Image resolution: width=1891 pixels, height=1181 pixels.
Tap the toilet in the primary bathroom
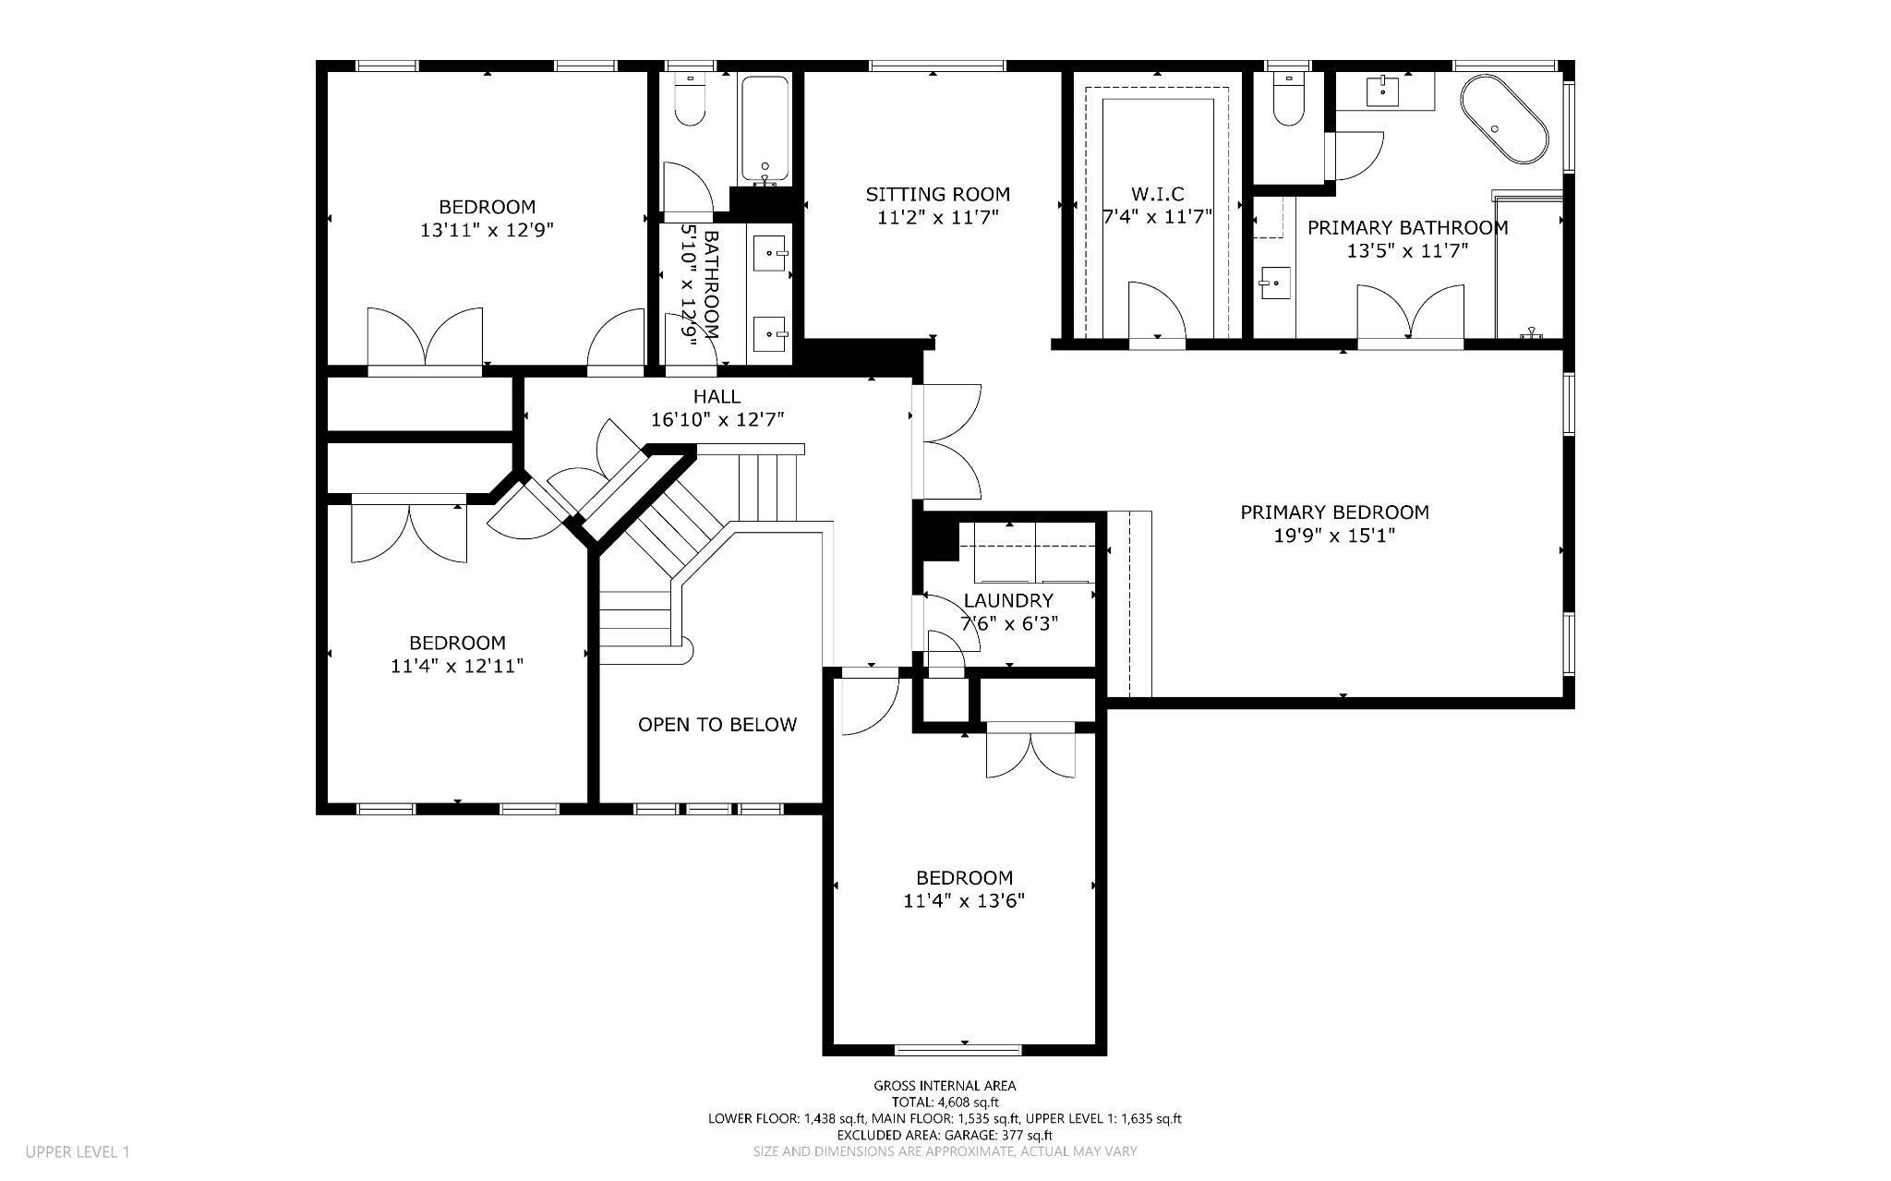click(1286, 102)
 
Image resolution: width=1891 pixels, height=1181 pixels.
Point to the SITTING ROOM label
click(937, 194)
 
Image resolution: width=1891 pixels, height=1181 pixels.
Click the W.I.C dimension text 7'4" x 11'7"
click(1157, 217)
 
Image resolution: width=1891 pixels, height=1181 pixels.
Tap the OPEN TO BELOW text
click(717, 725)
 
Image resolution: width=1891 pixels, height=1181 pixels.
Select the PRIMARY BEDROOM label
click(1334, 512)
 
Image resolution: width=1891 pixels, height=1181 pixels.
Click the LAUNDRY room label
click(1007, 601)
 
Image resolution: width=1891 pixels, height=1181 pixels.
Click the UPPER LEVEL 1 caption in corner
click(78, 1151)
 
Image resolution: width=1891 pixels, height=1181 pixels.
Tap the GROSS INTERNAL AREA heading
click(945, 1086)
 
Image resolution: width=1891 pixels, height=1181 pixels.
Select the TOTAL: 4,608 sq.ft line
click(945, 1102)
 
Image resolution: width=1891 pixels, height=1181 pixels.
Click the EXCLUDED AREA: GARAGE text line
click(945, 1135)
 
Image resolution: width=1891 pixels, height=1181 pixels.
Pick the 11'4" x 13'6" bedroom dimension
click(964, 901)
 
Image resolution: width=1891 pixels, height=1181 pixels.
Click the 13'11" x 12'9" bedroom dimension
click(487, 230)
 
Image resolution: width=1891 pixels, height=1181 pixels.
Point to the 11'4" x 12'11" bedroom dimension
click(457, 666)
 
